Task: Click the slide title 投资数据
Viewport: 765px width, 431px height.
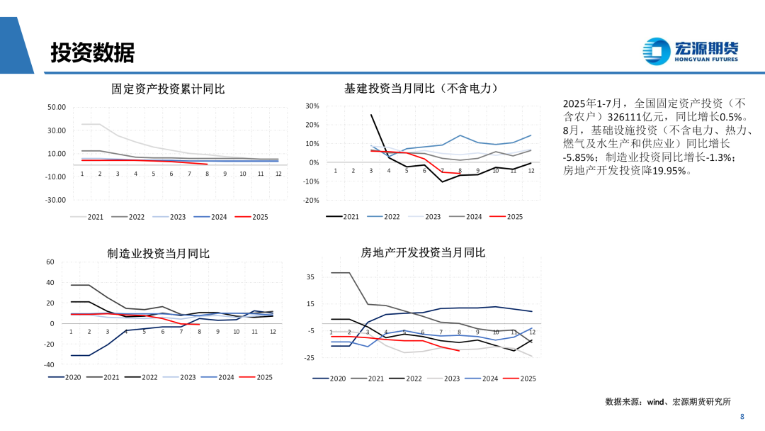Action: pos(92,52)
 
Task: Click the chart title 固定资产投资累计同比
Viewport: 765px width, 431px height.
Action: pos(168,89)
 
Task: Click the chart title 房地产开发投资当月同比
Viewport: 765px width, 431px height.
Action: pos(423,252)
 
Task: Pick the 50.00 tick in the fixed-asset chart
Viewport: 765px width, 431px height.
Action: pos(56,107)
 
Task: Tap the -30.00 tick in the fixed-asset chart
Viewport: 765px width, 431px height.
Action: pos(55,200)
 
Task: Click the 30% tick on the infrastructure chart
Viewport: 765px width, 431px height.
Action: pos(312,106)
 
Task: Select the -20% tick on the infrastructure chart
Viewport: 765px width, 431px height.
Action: pos(311,201)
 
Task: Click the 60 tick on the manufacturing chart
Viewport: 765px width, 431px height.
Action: pos(50,262)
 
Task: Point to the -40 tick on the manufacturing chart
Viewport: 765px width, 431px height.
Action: pos(49,364)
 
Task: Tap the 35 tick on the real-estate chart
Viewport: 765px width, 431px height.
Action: pos(310,277)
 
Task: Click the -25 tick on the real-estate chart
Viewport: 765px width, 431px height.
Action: pos(309,358)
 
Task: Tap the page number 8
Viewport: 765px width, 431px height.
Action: pos(742,417)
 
